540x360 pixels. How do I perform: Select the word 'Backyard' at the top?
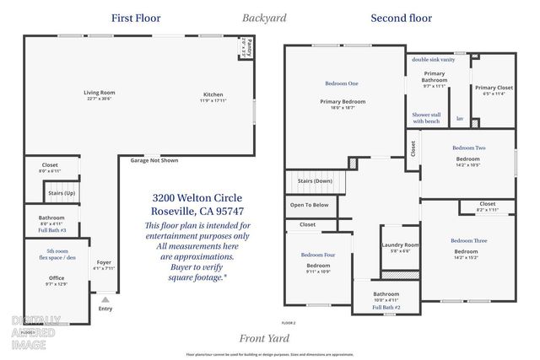[x=264, y=18]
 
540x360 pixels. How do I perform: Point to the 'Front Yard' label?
[x=265, y=338]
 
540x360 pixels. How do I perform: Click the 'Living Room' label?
[x=99, y=92]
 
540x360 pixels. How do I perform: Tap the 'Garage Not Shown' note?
[x=154, y=160]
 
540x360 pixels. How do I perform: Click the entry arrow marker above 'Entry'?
[x=105, y=299]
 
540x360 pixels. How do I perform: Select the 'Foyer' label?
[x=104, y=261]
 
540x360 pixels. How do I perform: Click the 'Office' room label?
[x=57, y=278]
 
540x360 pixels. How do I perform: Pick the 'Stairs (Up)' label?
[x=62, y=193]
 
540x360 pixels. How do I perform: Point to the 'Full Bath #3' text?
[x=51, y=230]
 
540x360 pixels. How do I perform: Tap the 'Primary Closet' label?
[x=494, y=88]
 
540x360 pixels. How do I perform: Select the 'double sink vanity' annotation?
[x=433, y=60]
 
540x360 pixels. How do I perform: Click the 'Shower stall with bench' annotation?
[x=426, y=118]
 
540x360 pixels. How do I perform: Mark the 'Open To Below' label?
[x=310, y=205]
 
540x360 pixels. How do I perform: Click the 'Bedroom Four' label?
[x=318, y=254]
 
